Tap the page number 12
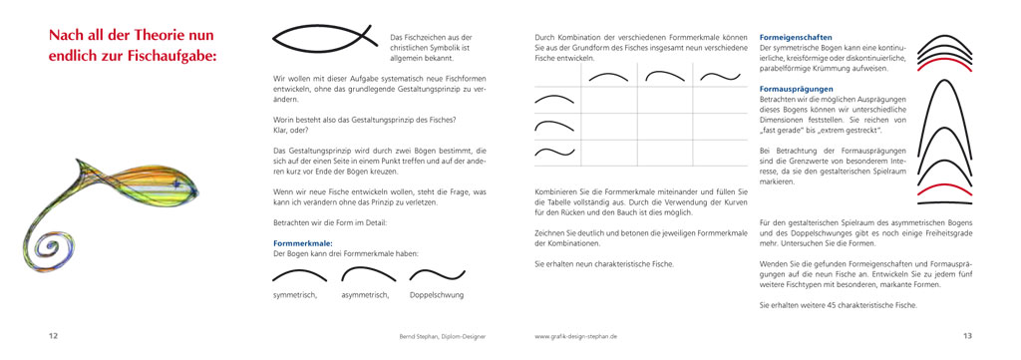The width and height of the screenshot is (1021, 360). tap(53, 336)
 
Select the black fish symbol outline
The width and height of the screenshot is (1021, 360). tap(328, 38)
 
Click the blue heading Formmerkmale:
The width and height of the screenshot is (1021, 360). tap(302, 242)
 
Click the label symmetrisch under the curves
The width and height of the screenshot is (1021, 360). tap(294, 295)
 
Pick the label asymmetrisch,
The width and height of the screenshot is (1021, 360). tap(366, 295)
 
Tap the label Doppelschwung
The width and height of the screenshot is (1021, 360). tap(436, 295)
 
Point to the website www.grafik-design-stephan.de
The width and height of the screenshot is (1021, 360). tap(576, 337)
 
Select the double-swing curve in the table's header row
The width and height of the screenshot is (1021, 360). tap(717, 76)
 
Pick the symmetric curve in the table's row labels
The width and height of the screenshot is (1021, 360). tap(555, 100)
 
